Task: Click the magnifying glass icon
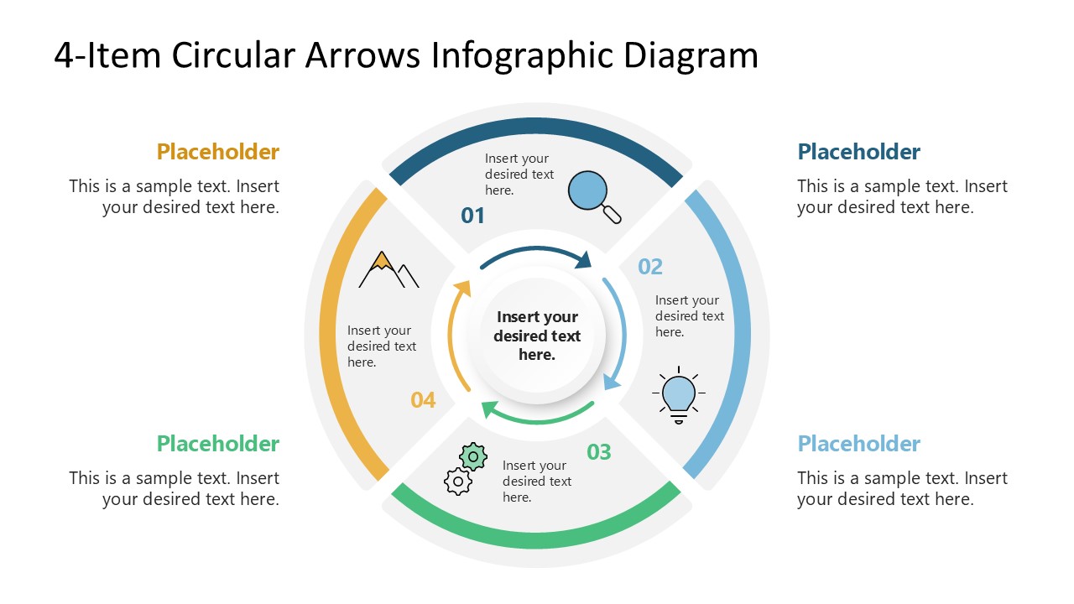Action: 593,195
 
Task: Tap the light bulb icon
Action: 679,394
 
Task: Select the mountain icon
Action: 388,270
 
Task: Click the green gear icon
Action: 473,456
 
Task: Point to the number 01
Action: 473,216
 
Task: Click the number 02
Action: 650,267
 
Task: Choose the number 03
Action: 599,453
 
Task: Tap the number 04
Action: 423,401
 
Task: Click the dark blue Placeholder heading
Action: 858,152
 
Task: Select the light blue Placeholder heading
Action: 858,444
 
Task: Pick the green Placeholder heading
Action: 217,444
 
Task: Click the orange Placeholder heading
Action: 217,152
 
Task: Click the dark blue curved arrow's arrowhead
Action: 583,260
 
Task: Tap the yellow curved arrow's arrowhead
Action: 461,289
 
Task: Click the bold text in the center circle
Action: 537,336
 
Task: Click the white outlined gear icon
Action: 457,482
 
